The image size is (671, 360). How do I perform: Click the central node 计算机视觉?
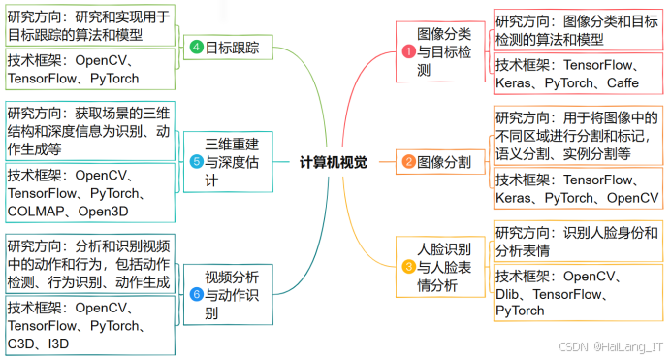pyautogui.click(x=333, y=163)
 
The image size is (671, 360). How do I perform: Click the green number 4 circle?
pyautogui.click(x=195, y=48)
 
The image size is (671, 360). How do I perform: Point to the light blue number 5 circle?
pyautogui.click(x=195, y=162)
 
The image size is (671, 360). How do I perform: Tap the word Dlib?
pyautogui.click(x=511, y=293)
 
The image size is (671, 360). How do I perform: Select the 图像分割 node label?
pyautogui.click(x=444, y=163)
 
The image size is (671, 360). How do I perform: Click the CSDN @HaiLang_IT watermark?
pyautogui.click(x=612, y=346)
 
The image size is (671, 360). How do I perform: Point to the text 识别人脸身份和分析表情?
pyautogui.click(x=577, y=242)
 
